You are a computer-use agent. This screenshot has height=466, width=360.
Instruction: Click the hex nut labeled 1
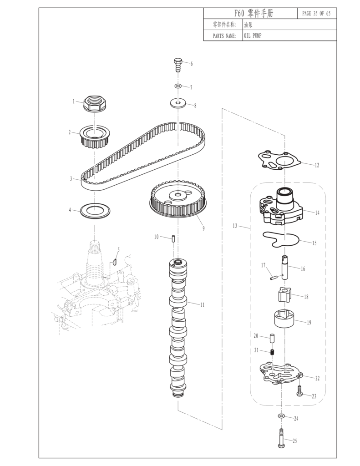(x=94, y=104)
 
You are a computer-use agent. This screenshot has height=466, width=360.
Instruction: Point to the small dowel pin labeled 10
(x=173, y=239)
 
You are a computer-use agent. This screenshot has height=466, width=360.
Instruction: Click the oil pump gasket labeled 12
(x=280, y=161)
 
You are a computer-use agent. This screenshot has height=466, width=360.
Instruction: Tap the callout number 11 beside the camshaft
(x=203, y=304)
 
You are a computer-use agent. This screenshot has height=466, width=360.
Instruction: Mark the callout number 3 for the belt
(x=71, y=179)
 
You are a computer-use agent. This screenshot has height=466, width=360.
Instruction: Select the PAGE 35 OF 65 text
(x=316, y=13)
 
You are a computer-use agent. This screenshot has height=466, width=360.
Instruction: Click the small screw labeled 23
(x=299, y=391)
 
